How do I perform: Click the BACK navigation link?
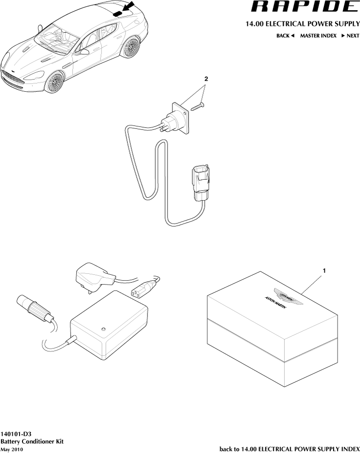pos(285,36)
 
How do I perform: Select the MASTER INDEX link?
pos(318,36)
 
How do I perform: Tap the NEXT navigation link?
pos(350,36)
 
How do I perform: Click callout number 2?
pos(206,79)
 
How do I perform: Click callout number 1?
pos(323,270)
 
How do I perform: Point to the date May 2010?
pos(12,449)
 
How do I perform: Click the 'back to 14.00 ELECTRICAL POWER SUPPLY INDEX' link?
pos(290,449)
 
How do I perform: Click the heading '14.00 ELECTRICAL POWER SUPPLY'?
pos(303,23)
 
